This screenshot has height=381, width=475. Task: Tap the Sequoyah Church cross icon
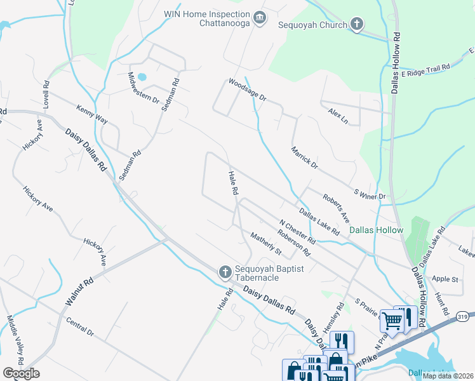point(357,25)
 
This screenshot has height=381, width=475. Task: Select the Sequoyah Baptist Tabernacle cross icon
point(224,272)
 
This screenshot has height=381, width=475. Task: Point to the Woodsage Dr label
point(247,90)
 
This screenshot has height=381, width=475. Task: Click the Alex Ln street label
point(338,116)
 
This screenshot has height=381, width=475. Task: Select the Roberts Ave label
point(336,208)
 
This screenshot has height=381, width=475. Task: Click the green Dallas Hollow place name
point(377,230)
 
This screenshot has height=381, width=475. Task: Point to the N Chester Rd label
point(298,232)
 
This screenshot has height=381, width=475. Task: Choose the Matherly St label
point(265,243)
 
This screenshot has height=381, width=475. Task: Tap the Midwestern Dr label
point(144,88)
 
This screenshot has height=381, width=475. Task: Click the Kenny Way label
point(92,114)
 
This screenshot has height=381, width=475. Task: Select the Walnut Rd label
point(79,293)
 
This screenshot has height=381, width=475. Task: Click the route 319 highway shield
point(462,316)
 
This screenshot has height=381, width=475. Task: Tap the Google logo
point(22,373)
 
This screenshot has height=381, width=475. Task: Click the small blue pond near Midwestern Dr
point(142,77)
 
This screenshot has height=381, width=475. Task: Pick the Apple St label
point(445,279)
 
